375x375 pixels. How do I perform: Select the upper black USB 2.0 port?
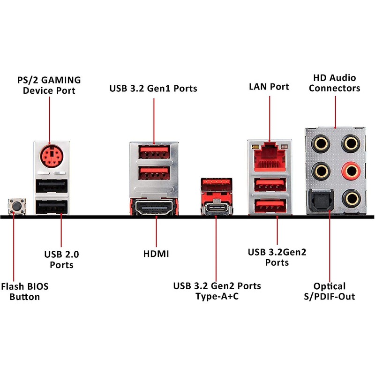pyautogui.click(x=52, y=187)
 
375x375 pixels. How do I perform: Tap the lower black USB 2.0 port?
pyautogui.click(x=52, y=206)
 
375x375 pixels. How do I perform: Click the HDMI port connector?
pyautogui.click(x=154, y=207)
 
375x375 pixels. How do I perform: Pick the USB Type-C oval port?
pyautogui.click(x=216, y=208)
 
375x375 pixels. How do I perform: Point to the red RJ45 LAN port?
pyautogui.click(x=270, y=155)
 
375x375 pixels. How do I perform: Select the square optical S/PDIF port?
pyautogui.click(x=321, y=199)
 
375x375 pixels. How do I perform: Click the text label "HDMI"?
pyautogui.click(x=156, y=254)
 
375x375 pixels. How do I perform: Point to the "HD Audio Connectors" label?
pyautogui.click(x=335, y=83)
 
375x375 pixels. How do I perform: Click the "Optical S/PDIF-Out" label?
pyautogui.click(x=330, y=291)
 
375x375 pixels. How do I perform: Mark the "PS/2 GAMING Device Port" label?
pyautogui.click(x=49, y=84)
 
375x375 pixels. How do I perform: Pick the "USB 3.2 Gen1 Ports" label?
pyautogui.click(x=153, y=88)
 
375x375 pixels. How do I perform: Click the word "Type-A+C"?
pyautogui.click(x=217, y=297)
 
